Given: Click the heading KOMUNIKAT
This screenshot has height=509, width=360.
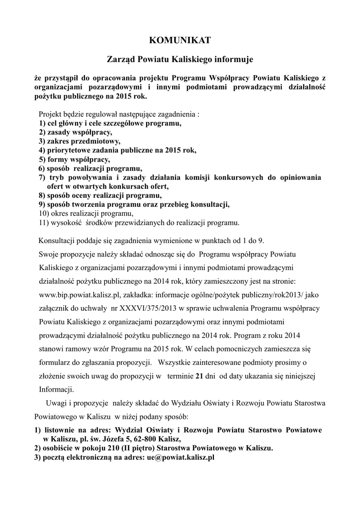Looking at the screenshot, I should tap(180, 40).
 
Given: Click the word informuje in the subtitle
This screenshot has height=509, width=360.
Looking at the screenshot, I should tap(234, 60).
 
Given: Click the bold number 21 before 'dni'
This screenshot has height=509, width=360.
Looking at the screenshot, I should tap(199, 376).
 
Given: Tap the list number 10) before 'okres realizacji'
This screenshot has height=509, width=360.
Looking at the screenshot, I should tap(44, 213).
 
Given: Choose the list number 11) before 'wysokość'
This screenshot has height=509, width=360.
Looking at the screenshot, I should tap(44, 222).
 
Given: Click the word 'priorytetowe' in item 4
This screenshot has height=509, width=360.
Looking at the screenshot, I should tap(70, 150).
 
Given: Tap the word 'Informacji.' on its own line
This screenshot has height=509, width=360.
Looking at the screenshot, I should tap(56, 389).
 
